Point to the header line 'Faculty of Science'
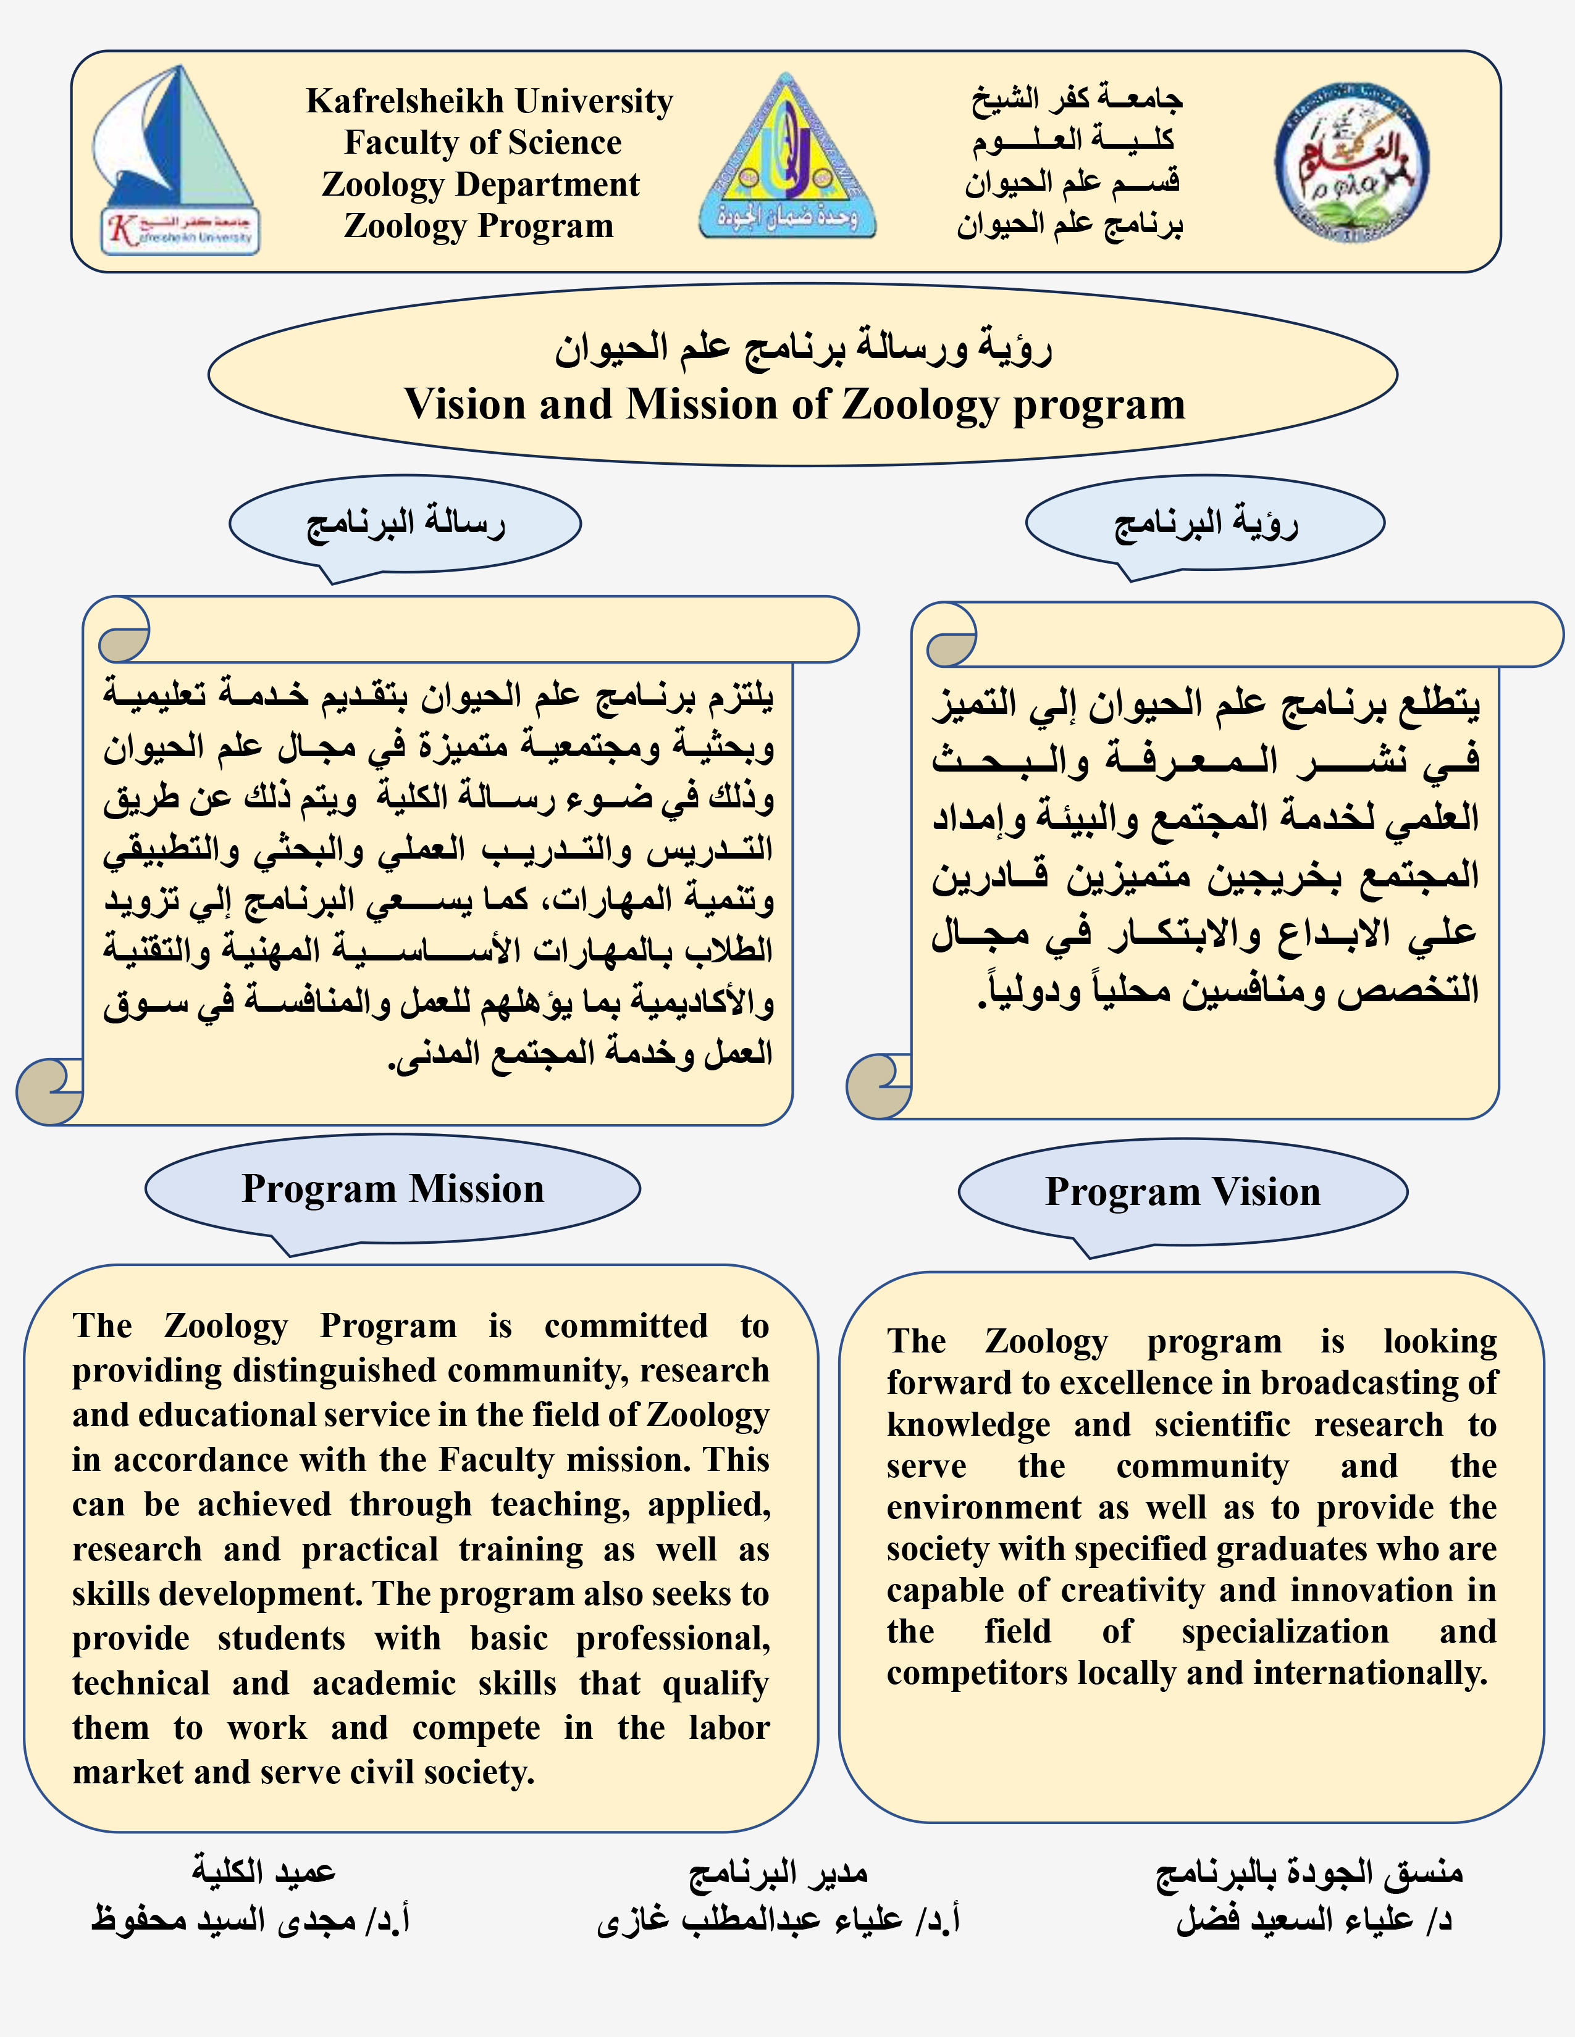[x=482, y=143]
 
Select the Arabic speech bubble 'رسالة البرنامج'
[x=405, y=523]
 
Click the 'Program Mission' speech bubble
[x=393, y=1189]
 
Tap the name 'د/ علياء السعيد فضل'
[x=1313, y=1920]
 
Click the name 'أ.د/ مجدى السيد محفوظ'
[x=250, y=1920]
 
